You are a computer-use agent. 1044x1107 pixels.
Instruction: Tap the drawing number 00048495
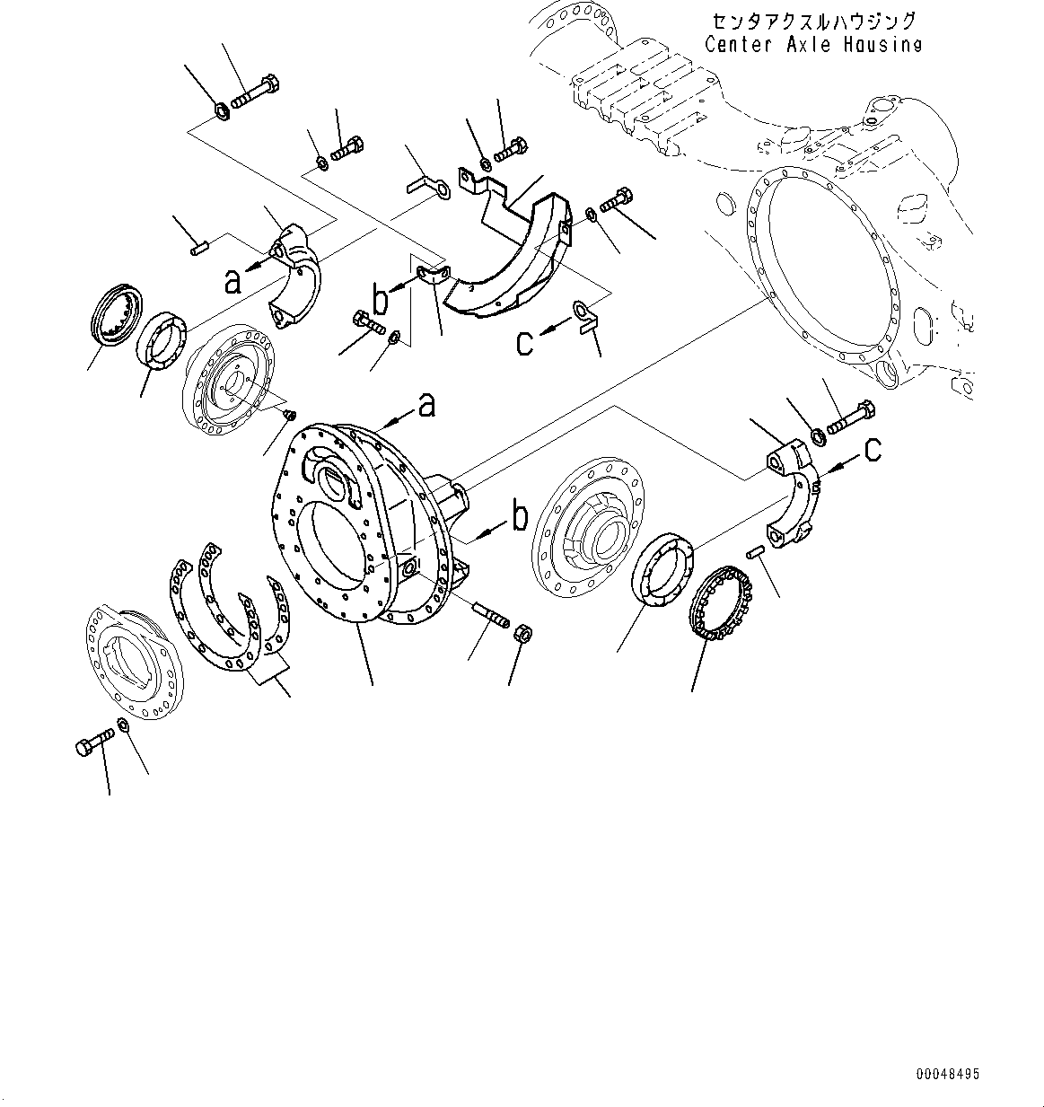click(948, 1074)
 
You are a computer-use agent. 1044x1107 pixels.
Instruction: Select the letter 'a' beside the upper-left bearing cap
click(233, 282)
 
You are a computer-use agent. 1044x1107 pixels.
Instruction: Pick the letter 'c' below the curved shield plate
click(525, 341)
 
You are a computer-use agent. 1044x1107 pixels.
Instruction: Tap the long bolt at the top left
click(257, 92)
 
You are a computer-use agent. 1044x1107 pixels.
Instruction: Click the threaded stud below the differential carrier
click(489, 616)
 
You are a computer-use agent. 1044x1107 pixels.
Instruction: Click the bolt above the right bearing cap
click(847, 417)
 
